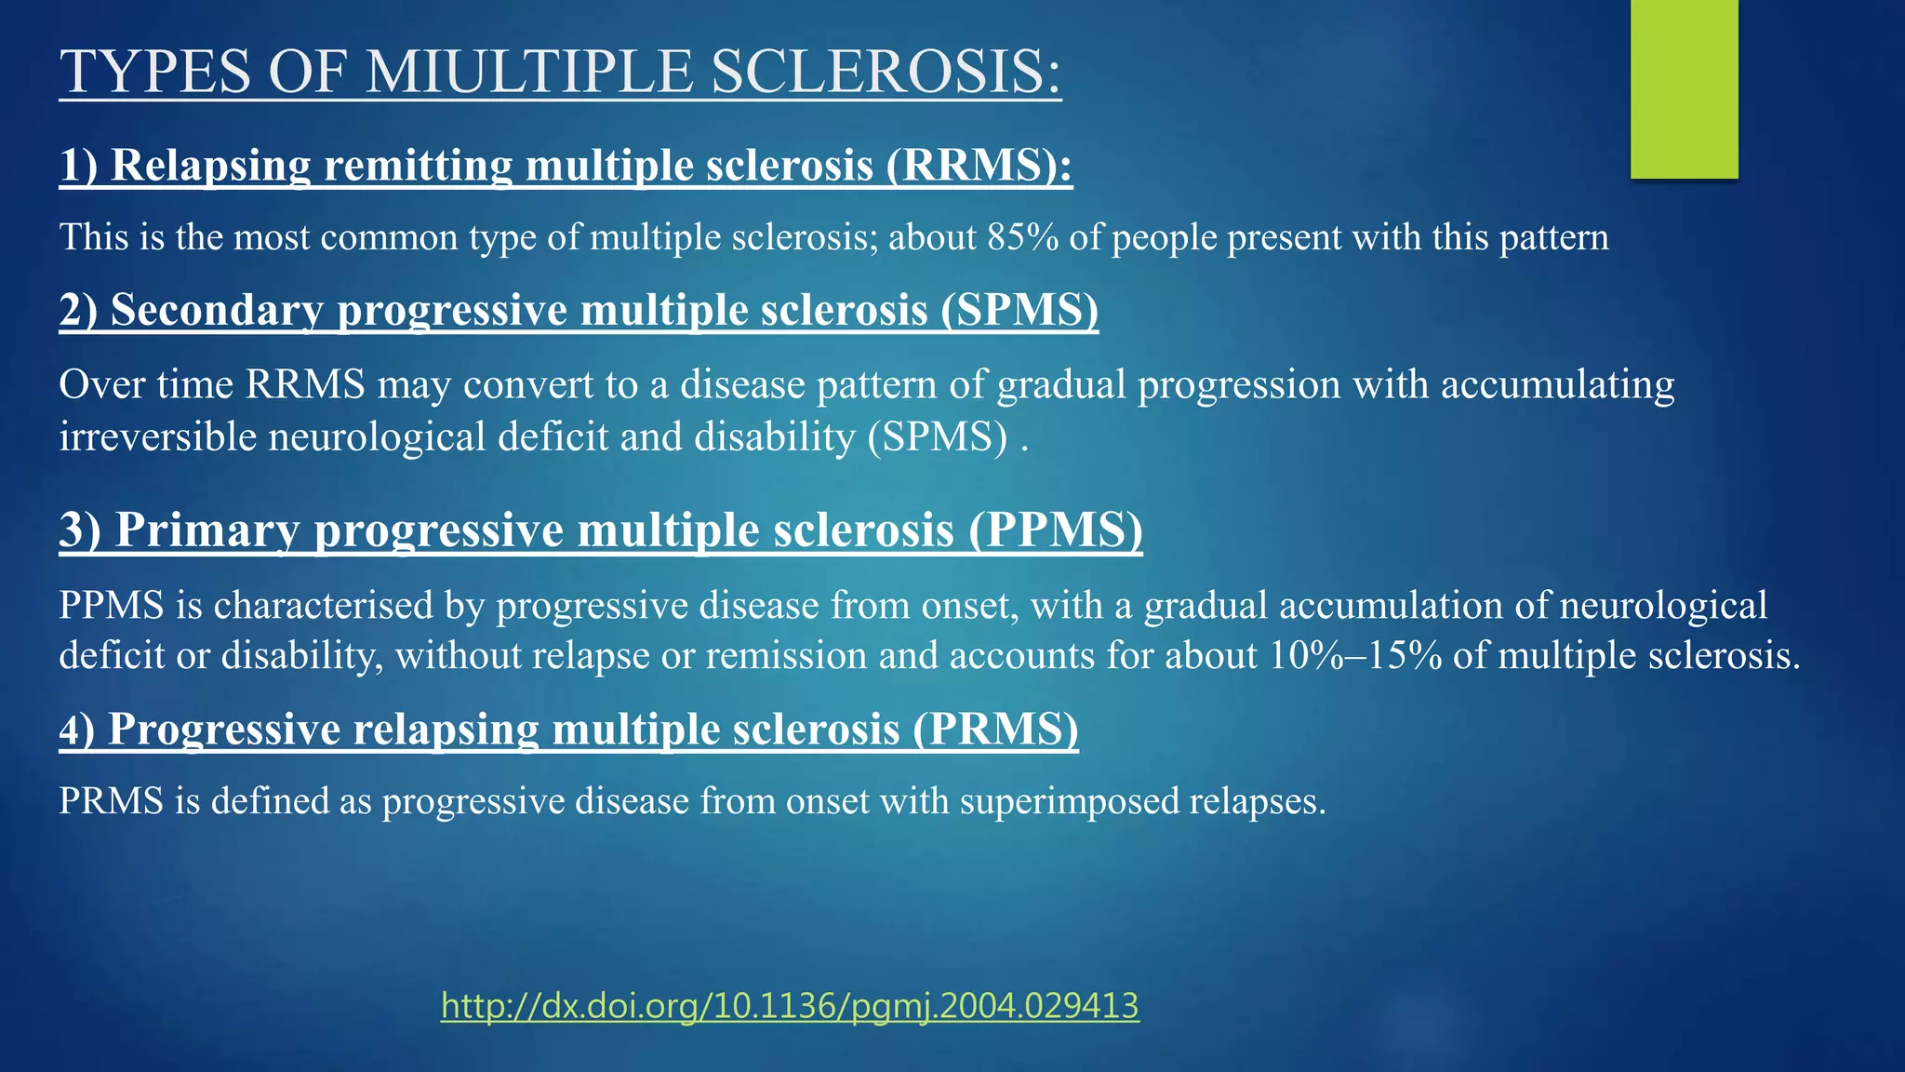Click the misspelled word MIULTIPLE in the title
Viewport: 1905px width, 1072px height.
(x=529, y=72)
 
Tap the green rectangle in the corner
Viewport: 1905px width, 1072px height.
(x=1684, y=88)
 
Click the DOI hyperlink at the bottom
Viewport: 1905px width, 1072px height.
(x=790, y=1006)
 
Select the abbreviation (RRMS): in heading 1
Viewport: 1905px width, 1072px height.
(x=979, y=166)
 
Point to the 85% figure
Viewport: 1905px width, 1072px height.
(x=1022, y=237)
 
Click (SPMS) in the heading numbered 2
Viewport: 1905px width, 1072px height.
(x=1019, y=310)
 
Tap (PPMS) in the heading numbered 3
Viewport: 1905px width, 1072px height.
(x=1055, y=529)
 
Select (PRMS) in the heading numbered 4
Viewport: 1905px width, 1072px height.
(x=995, y=729)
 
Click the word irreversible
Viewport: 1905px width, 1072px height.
(x=157, y=436)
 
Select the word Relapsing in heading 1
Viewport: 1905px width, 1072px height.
(x=211, y=166)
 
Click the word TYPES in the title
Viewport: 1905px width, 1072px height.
(x=155, y=72)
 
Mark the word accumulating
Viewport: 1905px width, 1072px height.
(x=1557, y=384)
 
